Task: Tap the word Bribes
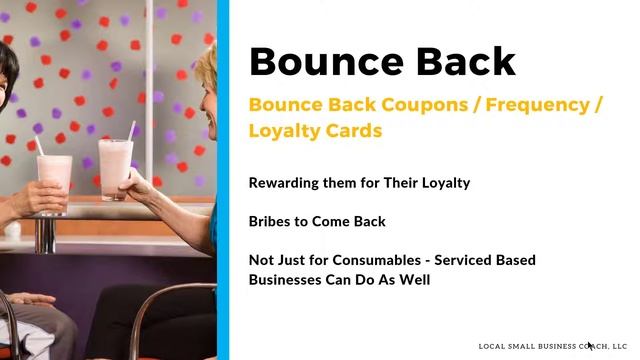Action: coord(271,221)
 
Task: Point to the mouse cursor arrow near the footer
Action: coord(590,346)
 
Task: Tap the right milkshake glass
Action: coord(115,167)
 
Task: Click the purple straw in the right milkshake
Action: coord(131,131)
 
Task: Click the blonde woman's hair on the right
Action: coord(206,70)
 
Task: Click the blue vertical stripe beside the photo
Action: coord(223,180)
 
